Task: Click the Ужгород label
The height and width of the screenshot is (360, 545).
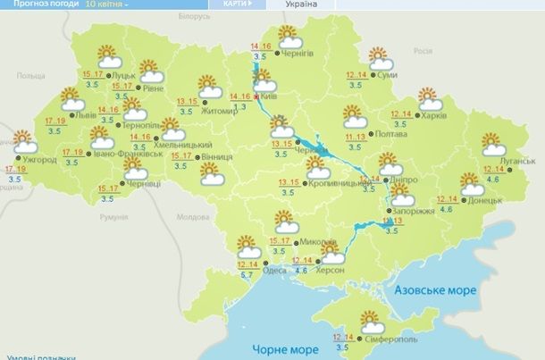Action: tap(39, 160)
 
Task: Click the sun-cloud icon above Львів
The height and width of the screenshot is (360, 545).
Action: tap(71, 100)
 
